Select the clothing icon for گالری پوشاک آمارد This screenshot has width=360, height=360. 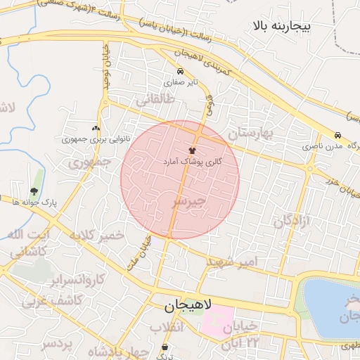coord(192,150)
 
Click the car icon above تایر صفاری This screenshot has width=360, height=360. coord(181,72)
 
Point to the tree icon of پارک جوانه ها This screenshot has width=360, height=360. coord(34,191)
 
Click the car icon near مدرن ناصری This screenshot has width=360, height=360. coord(339,136)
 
